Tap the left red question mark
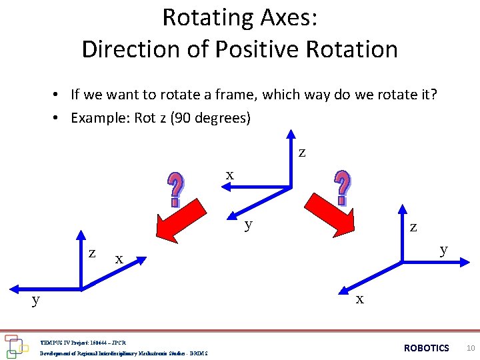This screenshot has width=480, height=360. point(175,189)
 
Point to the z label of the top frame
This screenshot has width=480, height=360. point(303,153)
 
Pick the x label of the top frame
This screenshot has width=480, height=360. point(229,175)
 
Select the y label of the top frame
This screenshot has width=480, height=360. point(249,224)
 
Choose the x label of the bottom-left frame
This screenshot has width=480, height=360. point(119,258)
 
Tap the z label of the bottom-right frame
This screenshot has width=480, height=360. point(414,227)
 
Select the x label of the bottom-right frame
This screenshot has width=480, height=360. point(359,299)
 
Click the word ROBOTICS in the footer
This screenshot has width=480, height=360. point(427,348)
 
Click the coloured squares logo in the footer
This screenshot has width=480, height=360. point(15,345)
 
